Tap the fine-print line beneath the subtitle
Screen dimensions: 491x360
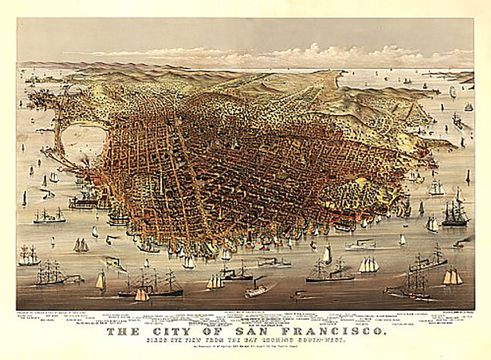(246, 349)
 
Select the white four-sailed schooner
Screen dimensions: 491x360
(369, 265)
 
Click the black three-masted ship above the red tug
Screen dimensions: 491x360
(455, 214)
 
